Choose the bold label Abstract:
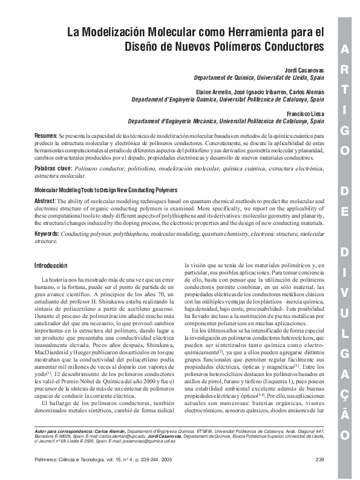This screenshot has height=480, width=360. (46, 201)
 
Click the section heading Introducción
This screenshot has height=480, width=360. (51, 265)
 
